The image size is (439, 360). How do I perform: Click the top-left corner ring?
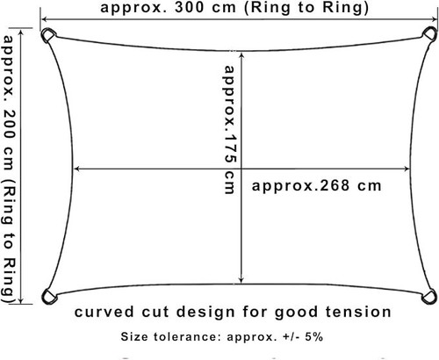click(45, 32)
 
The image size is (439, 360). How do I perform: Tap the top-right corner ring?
click(434, 30)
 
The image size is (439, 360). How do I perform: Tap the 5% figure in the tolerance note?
click(314, 337)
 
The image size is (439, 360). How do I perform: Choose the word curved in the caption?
click(104, 312)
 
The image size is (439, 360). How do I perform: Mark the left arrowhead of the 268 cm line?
click(76, 169)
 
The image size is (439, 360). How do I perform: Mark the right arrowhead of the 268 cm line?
click(406, 169)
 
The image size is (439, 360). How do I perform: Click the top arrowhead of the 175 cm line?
click(241, 56)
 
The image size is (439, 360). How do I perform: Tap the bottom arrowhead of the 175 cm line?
click(241, 279)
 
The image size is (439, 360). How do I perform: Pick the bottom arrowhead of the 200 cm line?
click(21, 299)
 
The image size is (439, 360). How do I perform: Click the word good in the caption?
click(296, 313)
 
